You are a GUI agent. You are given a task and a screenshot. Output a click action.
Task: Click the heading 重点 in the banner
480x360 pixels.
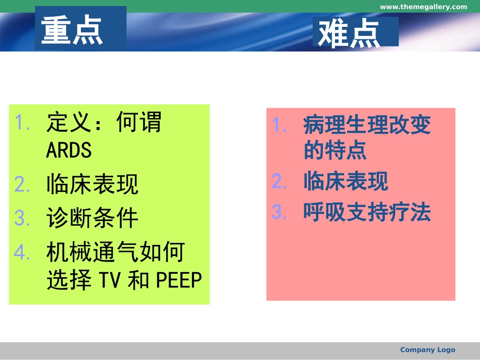tap(72, 30)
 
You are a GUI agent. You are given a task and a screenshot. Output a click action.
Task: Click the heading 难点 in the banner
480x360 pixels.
tap(349, 33)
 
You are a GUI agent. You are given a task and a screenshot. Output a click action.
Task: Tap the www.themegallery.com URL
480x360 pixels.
tap(423, 7)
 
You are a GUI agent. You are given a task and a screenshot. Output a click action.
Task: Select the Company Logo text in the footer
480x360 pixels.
tap(427, 349)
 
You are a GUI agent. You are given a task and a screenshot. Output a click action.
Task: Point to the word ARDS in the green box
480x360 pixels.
tap(69, 150)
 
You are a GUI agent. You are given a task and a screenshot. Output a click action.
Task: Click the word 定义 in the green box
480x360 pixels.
tap(69, 122)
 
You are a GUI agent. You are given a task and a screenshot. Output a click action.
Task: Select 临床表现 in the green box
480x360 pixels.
tap(92, 185)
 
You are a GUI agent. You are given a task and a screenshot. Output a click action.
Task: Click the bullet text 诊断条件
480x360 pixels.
tap(92, 218)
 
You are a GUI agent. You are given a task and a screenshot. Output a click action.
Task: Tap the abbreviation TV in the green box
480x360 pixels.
tap(110, 280)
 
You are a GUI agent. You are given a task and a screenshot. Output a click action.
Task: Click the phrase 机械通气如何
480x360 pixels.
tap(116, 252)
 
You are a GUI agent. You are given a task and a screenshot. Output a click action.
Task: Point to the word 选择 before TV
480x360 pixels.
tap(69, 280)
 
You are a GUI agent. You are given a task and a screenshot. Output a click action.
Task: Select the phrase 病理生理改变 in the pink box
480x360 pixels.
tap(367, 125)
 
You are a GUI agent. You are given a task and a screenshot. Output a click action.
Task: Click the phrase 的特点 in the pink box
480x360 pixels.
tap(335, 150)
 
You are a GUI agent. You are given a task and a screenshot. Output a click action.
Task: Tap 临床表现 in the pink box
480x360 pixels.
tap(346, 181)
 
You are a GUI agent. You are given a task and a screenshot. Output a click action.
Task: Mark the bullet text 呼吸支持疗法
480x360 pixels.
tap(367, 213)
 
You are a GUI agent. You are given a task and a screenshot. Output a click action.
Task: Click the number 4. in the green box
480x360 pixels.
tap(23, 252)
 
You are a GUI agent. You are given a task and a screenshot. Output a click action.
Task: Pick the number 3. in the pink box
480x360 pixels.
tap(279, 213)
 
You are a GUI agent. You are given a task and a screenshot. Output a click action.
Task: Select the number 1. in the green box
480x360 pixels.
tap(23, 122)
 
